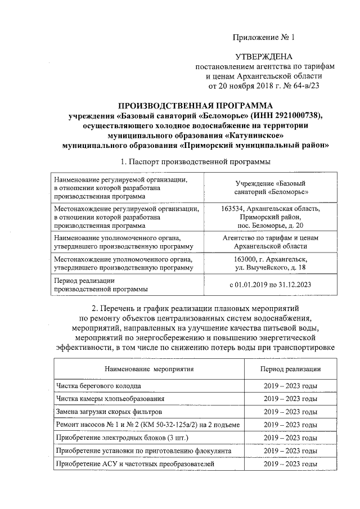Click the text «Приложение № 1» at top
click(264, 38)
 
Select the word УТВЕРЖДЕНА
click(264, 57)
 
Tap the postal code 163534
click(235, 209)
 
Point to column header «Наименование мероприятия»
click(149, 369)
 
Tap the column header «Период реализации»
click(290, 369)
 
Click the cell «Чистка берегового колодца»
click(99, 386)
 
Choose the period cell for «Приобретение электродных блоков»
click(290, 438)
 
